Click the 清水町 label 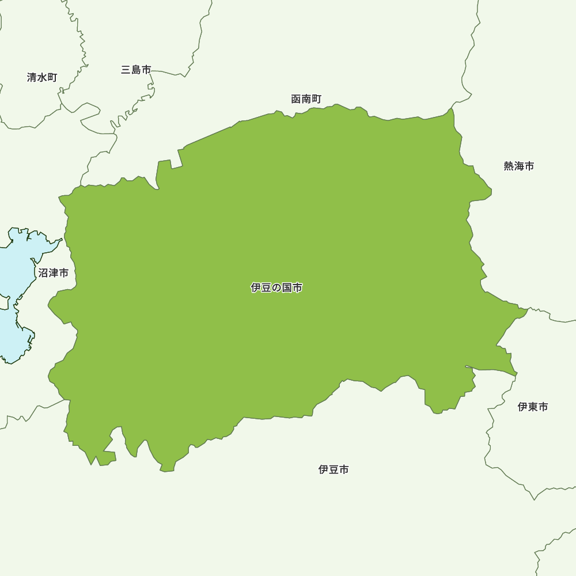(x=42, y=77)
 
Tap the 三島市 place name (x=136, y=70)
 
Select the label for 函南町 (x=306, y=99)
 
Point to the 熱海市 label (x=518, y=166)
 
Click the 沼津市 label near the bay (x=53, y=272)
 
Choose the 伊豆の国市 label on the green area (x=276, y=287)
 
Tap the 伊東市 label (x=532, y=407)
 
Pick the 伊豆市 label (x=334, y=469)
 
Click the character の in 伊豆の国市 (x=276, y=287)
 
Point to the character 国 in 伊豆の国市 (x=287, y=287)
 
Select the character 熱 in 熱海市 (x=509, y=166)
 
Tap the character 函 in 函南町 (x=296, y=99)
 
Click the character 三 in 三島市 (x=126, y=70)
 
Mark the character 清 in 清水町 (x=32, y=77)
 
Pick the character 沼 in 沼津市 (x=43, y=272)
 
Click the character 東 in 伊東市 (x=532, y=407)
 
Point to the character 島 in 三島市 (x=136, y=70)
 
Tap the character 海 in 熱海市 (x=518, y=166)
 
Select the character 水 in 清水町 (x=42, y=77)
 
